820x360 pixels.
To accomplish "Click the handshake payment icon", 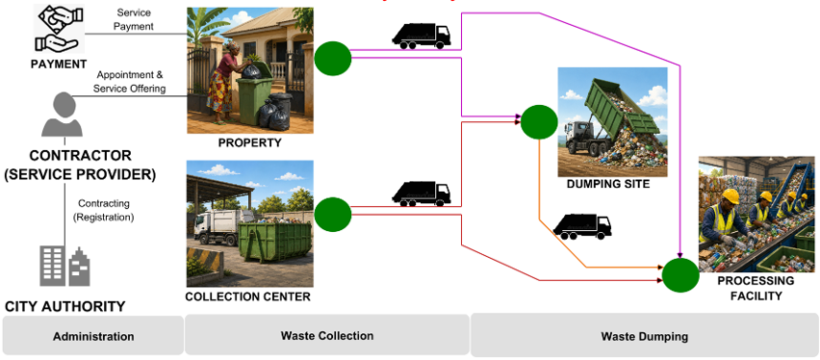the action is [60, 28].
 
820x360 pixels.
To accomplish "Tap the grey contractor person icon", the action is [63, 115].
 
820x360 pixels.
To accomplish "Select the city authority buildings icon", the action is [64, 266].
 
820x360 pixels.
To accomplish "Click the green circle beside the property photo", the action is [333, 59].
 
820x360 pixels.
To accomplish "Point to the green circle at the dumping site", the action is [539, 122].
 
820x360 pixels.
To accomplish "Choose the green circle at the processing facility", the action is [680, 275].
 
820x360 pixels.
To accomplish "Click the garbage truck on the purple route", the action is [422, 37].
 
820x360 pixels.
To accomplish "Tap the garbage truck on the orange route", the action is [582, 226].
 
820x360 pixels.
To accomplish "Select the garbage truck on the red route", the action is [422, 193].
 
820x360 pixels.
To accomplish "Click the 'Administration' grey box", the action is [93, 336].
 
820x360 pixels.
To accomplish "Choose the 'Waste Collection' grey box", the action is [327, 335].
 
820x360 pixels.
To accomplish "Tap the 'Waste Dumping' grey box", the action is [644, 335].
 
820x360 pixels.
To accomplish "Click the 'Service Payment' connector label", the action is [134, 19].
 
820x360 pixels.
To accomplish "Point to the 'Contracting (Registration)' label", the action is [104, 210].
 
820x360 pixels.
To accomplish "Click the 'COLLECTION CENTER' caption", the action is [248, 297].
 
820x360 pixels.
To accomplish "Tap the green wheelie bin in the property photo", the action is [255, 94].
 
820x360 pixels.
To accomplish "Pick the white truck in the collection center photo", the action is [222, 227].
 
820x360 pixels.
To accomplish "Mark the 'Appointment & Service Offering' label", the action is [130, 82].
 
